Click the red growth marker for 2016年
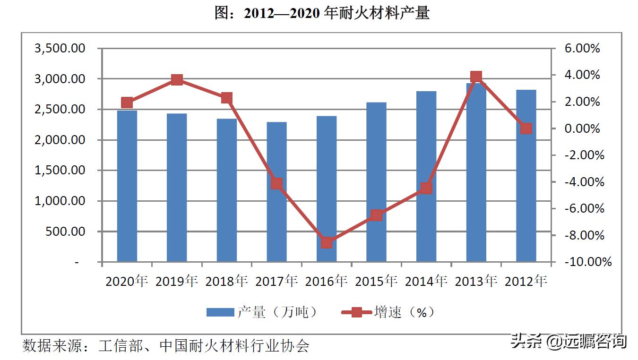point(327,243)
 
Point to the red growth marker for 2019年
point(177,80)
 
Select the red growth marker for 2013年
point(476,77)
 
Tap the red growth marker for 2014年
point(426,188)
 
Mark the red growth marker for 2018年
point(227,98)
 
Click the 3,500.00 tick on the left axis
point(60,49)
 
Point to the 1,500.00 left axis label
point(60,171)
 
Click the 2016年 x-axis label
point(327,282)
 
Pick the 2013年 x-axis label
point(476,282)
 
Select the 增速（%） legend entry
point(388,312)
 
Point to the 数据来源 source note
point(165,346)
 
